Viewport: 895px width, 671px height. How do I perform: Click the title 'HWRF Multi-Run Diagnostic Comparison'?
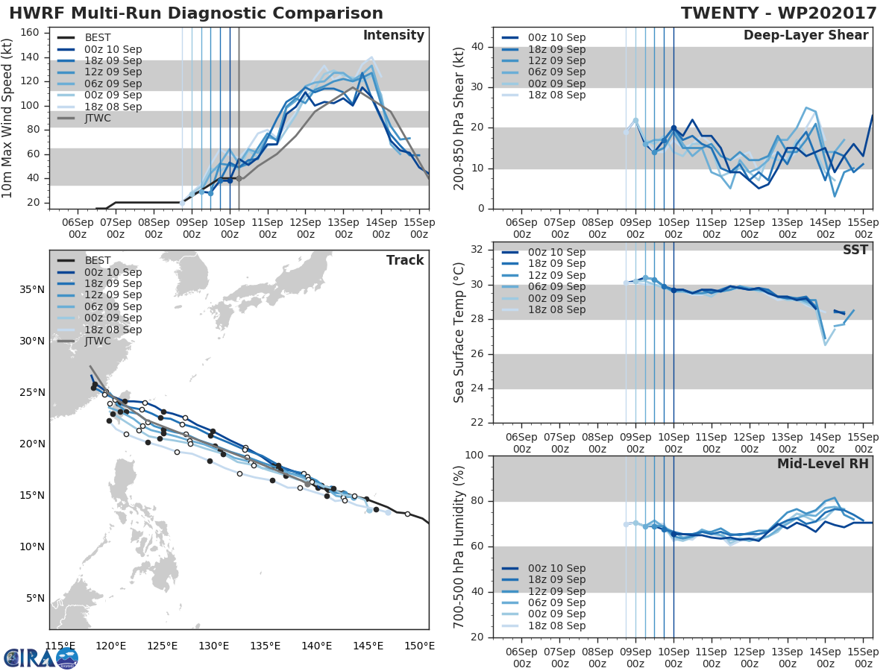pyautogui.click(x=196, y=13)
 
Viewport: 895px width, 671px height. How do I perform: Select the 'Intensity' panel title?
pyautogui.click(x=393, y=36)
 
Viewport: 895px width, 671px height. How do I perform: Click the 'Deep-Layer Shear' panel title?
pyautogui.click(x=805, y=36)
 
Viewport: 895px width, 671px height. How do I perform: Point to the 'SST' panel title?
pyautogui.click(x=855, y=250)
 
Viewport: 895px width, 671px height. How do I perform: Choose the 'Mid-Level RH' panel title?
pyautogui.click(x=823, y=464)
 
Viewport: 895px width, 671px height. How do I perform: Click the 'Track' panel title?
pyautogui.click(x=405, y=260)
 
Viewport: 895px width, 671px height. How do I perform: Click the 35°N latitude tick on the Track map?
pyautogui.click(x=30, y=289)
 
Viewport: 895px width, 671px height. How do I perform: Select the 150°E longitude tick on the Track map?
pyautogui.click(x=418, y=646)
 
